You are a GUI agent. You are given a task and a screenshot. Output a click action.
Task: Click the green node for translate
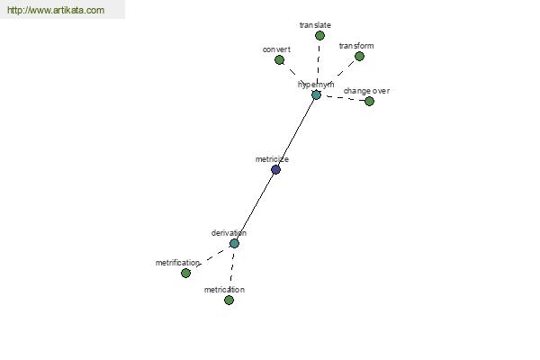tap(319, 35)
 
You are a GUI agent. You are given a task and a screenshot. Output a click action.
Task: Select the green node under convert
tap(279, 60)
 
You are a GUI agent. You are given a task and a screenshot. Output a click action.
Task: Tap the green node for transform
tap(359, 56)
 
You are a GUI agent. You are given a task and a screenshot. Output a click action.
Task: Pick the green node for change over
tap(369, 102)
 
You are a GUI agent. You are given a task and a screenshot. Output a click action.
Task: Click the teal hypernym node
tap(316, 94)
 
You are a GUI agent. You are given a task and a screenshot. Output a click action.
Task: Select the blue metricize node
tap(275, 169)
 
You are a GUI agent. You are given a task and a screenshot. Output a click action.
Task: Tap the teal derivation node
tap(234, 244)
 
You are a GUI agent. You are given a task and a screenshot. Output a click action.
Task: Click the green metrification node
tap(185, 274)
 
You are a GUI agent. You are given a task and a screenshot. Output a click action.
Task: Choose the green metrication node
tap(229, 301)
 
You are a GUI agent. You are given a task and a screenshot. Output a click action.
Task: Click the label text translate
tap(315, 25)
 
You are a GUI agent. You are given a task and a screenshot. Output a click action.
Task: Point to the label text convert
tap(276, 49)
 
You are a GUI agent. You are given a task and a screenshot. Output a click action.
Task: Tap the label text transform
tap(356, 46)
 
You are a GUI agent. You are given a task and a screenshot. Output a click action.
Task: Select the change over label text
tap(366, 91)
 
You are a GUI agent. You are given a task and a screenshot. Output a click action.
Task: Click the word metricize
tap(272, 159)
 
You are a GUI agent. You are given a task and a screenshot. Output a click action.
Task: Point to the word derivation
tap(229, 233)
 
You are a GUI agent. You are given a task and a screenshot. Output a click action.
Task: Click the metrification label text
tap(177, 263)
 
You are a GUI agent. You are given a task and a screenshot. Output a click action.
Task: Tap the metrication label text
tap(224, 290)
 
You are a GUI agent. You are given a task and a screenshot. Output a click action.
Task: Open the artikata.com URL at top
tap(56, 10)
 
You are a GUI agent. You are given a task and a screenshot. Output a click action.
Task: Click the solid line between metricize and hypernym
tap(296, 132)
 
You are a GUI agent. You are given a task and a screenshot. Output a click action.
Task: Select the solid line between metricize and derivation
tap(255, 207)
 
